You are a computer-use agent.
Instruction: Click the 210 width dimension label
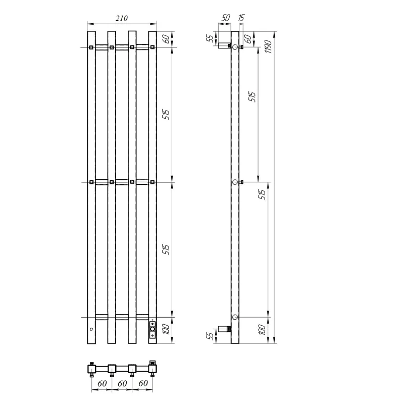(x=121, y=18)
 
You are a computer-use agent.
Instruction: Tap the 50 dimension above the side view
(x=225, y=18)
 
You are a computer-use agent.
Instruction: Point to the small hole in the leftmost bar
(x=91, y=329)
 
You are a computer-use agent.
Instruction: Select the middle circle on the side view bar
(x=235, y=182)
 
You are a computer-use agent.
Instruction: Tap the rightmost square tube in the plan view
(x=152, y=368)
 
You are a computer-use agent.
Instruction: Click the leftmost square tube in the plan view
(x=91, y=368)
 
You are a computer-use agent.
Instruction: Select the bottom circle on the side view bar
(x=235, y=317)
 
